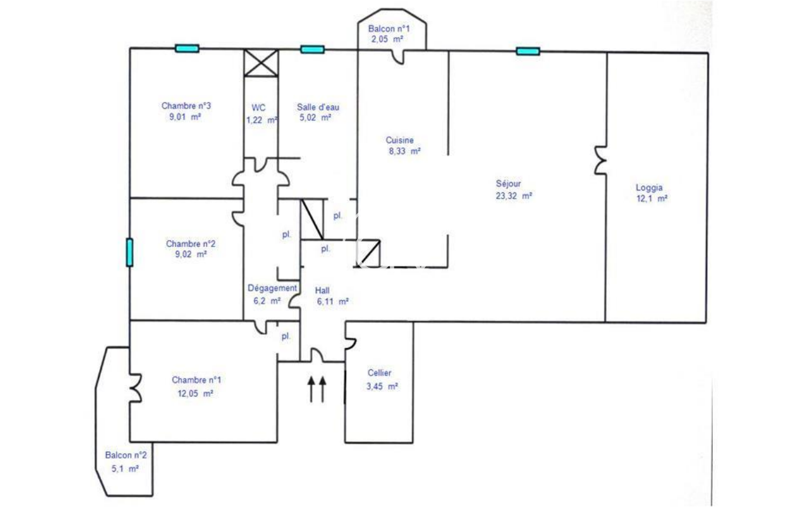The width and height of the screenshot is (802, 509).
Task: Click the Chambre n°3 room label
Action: click(x=181, y=105)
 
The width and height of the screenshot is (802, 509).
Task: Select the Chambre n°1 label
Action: click(x=197, y=380)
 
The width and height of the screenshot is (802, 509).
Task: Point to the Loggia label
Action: click(x=649, y=187)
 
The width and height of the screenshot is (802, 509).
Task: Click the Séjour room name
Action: click(x=508, y=184)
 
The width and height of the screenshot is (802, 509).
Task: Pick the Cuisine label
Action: click(x=399, y=141)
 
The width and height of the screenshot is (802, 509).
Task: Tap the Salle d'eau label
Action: click(x=318, y=107)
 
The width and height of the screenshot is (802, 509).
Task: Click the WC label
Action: click(x=259, y=107)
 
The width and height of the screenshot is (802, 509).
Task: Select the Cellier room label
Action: click(x=380, y=373)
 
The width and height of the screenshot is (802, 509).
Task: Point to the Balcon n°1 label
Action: click(x=389, y=29)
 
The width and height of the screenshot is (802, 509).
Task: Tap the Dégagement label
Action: click(x=272, y=288)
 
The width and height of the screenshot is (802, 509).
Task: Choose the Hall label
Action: click(x=322, y=290)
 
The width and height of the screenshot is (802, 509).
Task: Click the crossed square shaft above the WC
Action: click(x=260, y=62)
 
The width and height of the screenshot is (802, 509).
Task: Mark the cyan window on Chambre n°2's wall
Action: click(x=130, y=252)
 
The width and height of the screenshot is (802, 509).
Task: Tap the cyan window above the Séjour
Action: click(x=527, y=51)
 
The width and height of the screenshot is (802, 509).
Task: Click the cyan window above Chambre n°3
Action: click(x=187, y=48)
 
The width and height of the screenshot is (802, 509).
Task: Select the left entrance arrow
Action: click(x=311, y=389)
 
